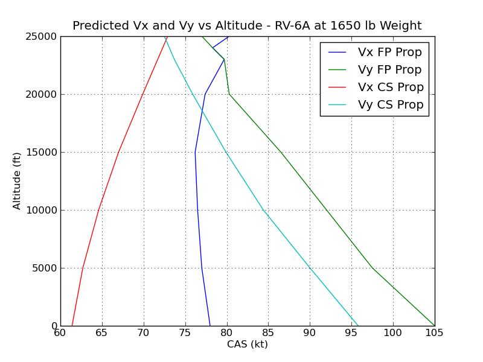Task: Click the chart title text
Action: [247, 26]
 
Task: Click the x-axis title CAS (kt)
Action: [247, 345]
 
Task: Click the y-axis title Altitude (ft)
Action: [17, 181]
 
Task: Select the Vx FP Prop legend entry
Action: [390, 52]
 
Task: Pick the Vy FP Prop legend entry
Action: [390, 70]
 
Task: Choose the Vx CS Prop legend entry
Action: [391, 87]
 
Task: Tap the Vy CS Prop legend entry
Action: [391, 105]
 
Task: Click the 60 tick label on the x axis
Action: [60, 332]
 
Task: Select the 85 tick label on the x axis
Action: [268, 332]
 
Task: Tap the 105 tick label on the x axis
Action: [434, 332]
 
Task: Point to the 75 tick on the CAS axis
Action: [185, 332]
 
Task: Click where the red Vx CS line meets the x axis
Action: [72, 326]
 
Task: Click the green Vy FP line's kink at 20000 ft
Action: [229, 94]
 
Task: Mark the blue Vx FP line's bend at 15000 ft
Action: [195, 152]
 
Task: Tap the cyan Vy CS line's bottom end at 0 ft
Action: [358, 326]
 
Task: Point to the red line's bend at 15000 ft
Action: [118, 152]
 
